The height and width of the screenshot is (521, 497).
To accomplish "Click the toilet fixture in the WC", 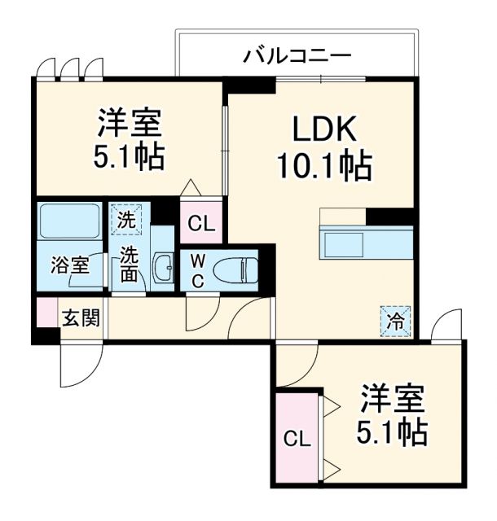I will (240, 268).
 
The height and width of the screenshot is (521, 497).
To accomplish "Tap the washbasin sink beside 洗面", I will (163, 265).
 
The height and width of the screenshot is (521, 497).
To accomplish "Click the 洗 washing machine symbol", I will (126, 219).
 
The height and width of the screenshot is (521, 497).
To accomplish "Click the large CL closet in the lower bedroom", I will (297, 439).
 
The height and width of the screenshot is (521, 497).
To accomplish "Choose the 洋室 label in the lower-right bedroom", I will (393, 401).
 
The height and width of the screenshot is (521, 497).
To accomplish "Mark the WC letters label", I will (199, 269).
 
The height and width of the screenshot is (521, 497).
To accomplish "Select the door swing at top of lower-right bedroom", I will (447, 326).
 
